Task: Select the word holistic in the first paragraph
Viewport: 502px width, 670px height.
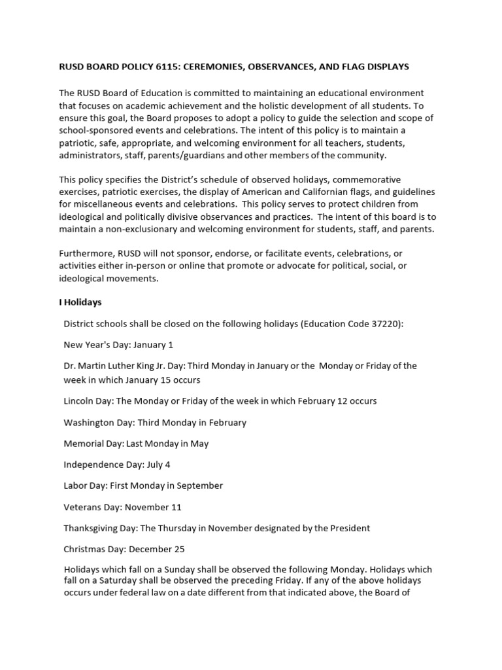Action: [305, 105]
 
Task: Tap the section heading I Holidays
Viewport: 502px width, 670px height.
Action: [80, 302]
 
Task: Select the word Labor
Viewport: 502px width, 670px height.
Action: [75, 485]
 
